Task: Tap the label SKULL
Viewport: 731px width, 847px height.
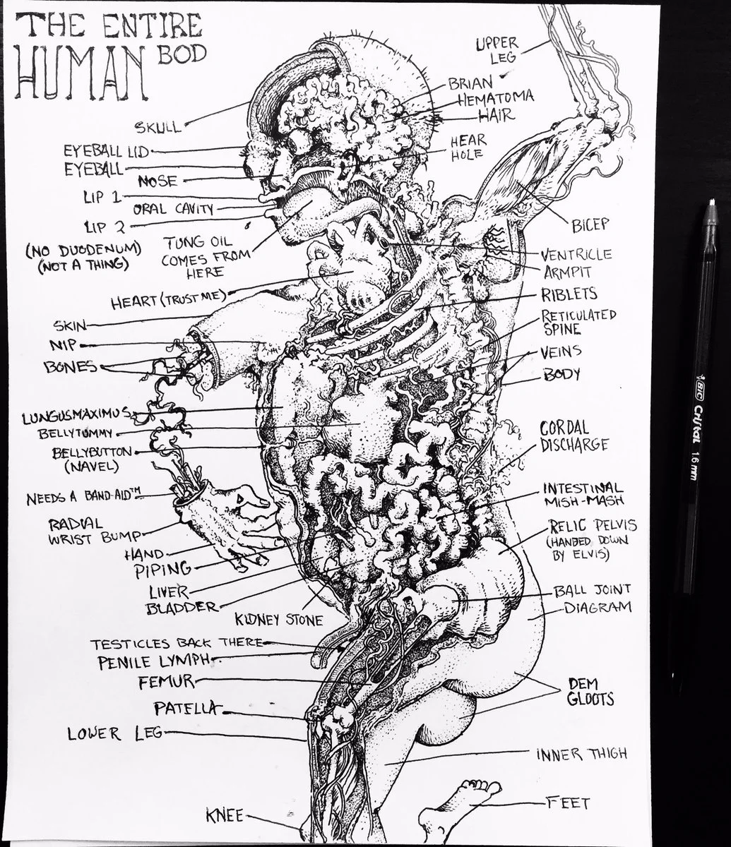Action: pyautogui.click(x=159, y=127)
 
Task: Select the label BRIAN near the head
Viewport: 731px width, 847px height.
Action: pyautogui.click(x=470, y=84)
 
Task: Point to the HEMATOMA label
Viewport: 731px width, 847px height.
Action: pyautogui.click(x=495, y=99)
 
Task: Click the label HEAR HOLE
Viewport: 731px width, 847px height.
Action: pyautogui.click(x=468, y=147)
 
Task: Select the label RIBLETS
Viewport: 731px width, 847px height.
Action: pyautogui.click(x=569, y=294)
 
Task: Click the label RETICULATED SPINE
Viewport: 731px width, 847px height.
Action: pyautogui.click(x=578, y=321)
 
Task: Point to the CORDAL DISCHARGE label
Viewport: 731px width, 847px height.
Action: pyautogui.click(x=573, y=436)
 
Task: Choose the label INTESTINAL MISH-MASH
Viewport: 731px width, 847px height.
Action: pyautogui.click(x=583, y=494)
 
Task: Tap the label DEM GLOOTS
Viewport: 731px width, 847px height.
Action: pyautogui.click(x=590, y=692)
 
